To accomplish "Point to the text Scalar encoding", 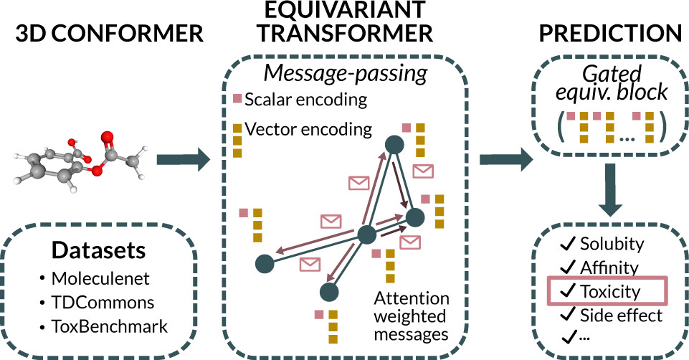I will coord(306,100).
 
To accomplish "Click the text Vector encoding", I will coord(308,129).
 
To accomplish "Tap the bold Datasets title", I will coord(99,251).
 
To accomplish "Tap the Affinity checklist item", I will coord(609,267).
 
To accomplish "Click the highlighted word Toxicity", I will coord(609,291).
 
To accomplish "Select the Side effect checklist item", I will coord(621,315).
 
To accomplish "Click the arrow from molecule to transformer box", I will coord(183,158).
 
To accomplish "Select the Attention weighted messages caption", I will coord(412,316).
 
